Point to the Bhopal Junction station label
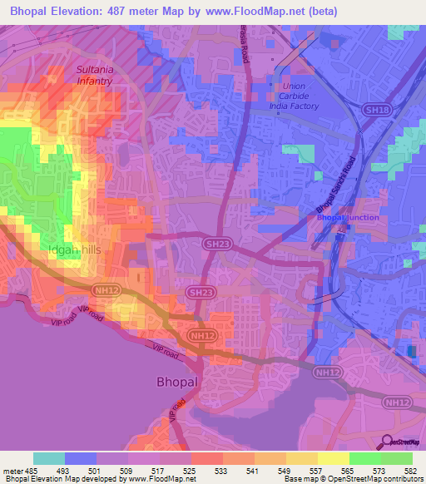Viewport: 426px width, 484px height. point(348,218)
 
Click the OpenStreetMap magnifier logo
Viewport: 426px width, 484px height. point(388,443)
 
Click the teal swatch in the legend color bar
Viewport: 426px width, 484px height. point(49,458)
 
